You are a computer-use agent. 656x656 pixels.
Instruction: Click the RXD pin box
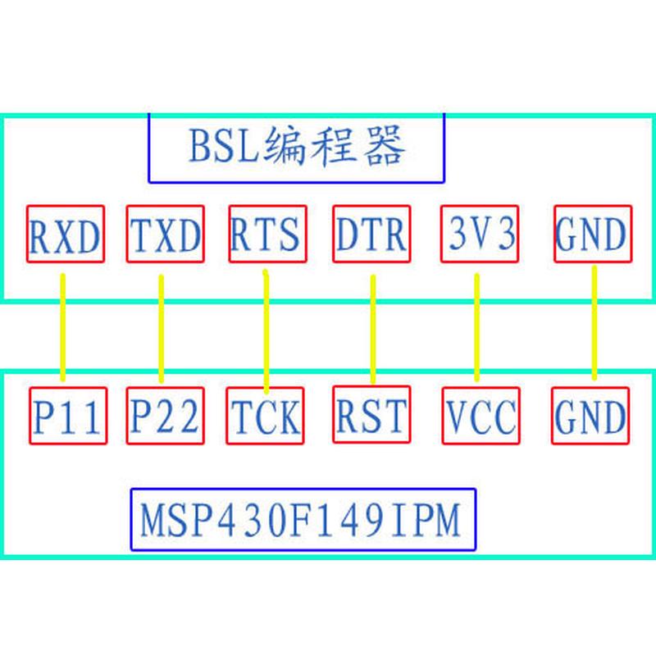pyautogui.click(x=65, y=235)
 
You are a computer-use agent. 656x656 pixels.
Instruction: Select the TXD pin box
pyautogui.click(x=166, y=235)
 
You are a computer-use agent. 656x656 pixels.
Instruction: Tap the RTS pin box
pyautogui.click(x=266, y=234)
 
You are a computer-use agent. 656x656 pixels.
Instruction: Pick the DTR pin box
pyautogui.click(x=371, y=234)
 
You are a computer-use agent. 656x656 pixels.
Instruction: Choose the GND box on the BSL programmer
pyautogui.click(x=592, y=235)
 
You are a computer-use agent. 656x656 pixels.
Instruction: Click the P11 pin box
pyautogui.click(x=68, y=416)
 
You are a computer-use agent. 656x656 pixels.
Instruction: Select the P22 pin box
pyautogui.click(x=166, y=416)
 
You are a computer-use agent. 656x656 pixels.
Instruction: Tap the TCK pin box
pyautogui.click(x=265, y=416)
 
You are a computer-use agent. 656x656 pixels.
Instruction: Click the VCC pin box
pyautogui.click(x=481, y=416)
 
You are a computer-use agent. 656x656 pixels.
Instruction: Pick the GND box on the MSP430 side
pyautogui.click(x=590, y=415)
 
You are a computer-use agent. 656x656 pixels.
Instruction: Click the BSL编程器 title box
pyautogui.click(x=296, y=148)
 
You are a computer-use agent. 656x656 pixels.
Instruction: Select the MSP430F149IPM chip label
pyautogui.click(x=303, y=520)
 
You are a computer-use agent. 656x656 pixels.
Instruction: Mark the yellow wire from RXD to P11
pyautogui.click(x=62, y=328)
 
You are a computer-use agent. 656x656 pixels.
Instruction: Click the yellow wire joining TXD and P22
pyautogui.click(x=161, y=328)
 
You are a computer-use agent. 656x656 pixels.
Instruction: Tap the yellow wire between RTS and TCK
pyautogui.click(x=266, y=328)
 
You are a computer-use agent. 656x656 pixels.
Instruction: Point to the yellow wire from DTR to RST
pyautogui.click(x=373, y=328)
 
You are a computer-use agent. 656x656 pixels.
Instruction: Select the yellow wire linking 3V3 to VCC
pyautogui.click(x=477, y=328)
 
